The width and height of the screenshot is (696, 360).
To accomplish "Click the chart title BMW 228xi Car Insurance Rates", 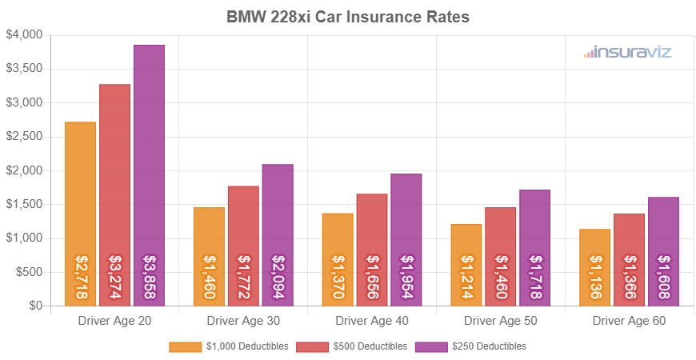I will [347, 16].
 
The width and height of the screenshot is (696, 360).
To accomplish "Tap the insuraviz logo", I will [627, 53].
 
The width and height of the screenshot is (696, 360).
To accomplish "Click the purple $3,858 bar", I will [149, 175].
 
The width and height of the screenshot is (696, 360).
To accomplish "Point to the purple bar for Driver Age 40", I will [406, 239].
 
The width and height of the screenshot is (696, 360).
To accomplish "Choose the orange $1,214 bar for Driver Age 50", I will [466, 265].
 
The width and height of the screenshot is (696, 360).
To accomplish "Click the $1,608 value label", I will [663, 278].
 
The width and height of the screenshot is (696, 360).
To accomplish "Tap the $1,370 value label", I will [338, 278].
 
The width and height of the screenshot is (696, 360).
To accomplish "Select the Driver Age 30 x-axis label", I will [243, 321].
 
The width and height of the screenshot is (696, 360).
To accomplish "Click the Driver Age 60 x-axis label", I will [629, 321].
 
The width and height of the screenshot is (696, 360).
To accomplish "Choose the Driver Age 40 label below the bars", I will [372, 321].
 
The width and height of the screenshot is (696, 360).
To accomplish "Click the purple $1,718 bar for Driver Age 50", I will [534, 247].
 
